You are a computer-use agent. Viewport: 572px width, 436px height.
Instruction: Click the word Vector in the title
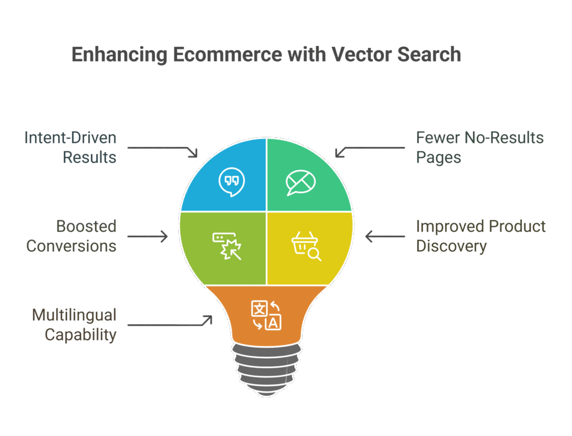pyautogui.click(x=361, y=55)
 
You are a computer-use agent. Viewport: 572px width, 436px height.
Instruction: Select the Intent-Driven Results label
pyautogui.click(x=71, y=147)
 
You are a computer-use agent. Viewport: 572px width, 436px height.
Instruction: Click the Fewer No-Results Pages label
pyautogui.click(x=480, y=147)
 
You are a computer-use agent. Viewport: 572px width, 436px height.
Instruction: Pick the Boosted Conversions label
pyautogui.click(x=71, y=236)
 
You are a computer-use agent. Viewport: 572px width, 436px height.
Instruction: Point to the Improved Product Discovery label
pyautogui.click(x=481, y=236)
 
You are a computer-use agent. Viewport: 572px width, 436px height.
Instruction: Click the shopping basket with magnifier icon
pyautogui.click(x=306, y=246)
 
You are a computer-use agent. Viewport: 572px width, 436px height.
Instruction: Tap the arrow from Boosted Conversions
pyautogui.click(x=147, y=236)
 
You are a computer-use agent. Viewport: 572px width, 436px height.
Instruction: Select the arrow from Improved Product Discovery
pyautogui.click(x=385, y=236)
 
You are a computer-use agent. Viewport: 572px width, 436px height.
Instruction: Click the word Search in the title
pyautogui.click(x=430, y=55)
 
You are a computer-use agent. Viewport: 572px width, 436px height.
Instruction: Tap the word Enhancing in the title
pyautogui.click(x=120, y=55)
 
